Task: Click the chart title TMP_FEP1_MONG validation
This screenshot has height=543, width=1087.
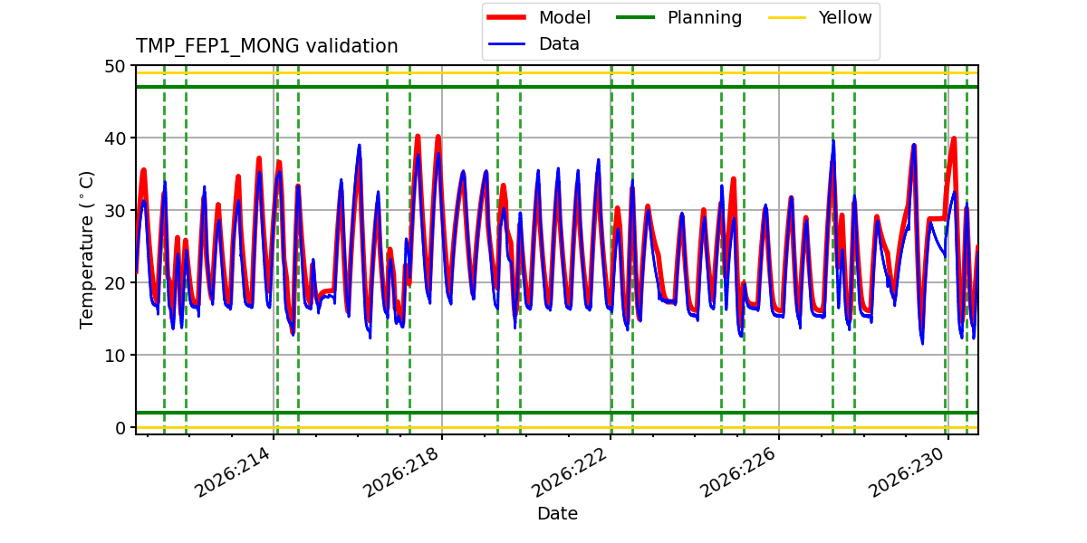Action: (266, 46)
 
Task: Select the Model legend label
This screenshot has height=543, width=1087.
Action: (564, 17)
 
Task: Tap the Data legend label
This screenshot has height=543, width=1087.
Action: (559, 44)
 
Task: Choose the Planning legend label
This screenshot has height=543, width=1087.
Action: (705, 18)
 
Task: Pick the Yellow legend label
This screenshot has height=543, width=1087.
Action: (845, 17)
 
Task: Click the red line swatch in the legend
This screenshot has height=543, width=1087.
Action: (506, 17)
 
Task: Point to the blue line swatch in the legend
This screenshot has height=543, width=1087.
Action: (506, 44)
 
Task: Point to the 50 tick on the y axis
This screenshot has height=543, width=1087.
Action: (115, 66)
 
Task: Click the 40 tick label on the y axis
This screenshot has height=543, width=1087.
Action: (115, 138)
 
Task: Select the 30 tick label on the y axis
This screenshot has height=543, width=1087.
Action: (115, 211)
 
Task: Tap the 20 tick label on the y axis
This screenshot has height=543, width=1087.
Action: (115, 283)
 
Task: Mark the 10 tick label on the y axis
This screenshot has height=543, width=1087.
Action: (115, 356)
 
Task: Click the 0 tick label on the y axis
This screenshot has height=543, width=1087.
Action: (120, 428)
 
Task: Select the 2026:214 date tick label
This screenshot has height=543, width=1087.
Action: (232, 472)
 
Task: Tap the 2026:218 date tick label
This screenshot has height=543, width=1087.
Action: (400, 472)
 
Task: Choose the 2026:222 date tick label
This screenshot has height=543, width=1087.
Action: (569, 472)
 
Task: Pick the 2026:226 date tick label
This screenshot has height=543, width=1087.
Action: (737, 472)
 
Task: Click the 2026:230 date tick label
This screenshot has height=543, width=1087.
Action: (907, 472)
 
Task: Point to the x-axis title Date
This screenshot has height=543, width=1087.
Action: (557, 513)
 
